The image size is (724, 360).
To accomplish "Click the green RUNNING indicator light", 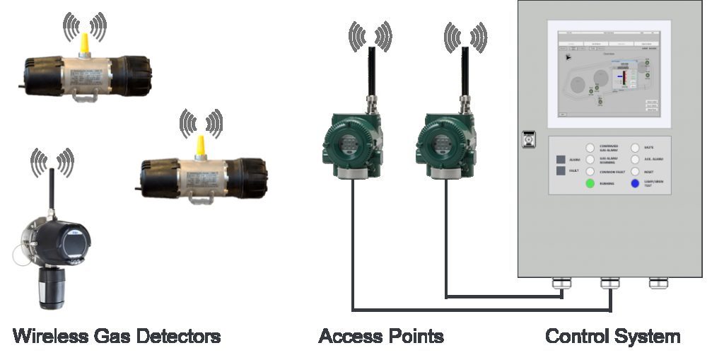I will tap(590, 184).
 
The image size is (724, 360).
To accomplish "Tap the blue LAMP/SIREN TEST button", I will tap(635, 184).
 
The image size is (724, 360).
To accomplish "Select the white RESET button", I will tap(635, 172).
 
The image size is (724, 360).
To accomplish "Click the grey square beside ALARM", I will tap(561, 160).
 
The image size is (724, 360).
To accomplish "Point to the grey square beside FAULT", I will tap(561, 171).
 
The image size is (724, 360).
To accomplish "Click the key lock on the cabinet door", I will tap(527, 139).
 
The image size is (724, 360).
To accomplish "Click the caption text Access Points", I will tap(381, 335).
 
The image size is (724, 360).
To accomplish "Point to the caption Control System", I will tap(612, 335).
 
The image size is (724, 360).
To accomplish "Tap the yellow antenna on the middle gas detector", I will tap(201, 146).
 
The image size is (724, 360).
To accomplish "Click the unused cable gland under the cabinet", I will tap(658, 284).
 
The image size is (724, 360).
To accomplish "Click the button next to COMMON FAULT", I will tap(590, 172).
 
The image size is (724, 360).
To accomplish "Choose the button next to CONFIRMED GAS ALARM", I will tap(590, 147).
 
